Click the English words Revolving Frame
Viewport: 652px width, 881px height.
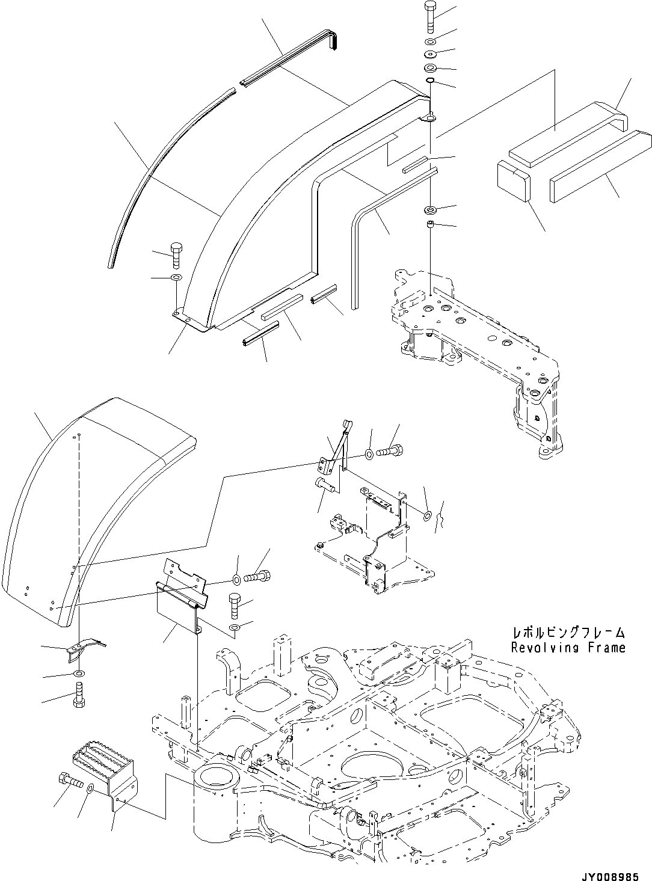(568, 648)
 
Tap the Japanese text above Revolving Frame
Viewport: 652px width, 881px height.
(568, 633)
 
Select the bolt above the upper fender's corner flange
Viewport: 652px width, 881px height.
(176, 254)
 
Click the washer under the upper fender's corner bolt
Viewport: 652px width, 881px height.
(176, 278)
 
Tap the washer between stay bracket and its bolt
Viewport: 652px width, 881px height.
(369, 452)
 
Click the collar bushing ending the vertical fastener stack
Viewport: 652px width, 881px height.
(431, 226)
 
